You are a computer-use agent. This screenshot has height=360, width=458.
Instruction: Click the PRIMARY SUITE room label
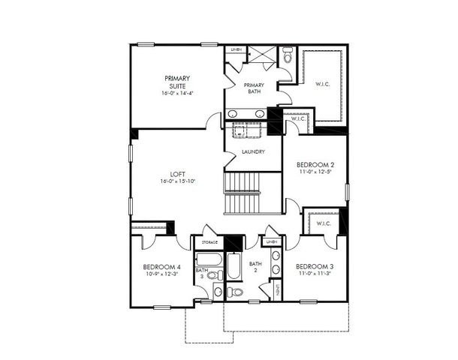[178, 82]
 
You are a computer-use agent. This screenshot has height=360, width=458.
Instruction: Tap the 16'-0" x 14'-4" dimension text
[178, 94]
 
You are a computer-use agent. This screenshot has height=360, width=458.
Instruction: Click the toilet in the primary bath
[288, 56]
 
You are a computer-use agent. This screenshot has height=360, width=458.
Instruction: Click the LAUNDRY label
[252, 152]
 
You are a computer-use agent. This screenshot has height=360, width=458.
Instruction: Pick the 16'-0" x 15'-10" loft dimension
[178, 182]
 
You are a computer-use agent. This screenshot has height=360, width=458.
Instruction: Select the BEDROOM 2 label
[315, 164]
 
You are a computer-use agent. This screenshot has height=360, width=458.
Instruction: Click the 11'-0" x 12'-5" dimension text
[315, 173]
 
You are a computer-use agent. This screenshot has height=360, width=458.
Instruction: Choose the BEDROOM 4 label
[161, 266]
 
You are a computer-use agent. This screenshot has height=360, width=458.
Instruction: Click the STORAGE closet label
[209, 242]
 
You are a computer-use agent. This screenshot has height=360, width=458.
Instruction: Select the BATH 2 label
[255, 268]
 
